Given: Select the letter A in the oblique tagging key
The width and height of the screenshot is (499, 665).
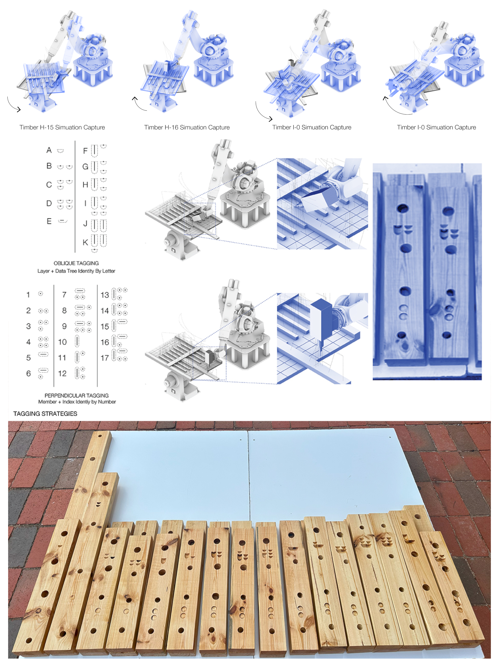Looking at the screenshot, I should point(49,150).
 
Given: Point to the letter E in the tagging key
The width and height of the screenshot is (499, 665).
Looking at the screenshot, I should point(49,221).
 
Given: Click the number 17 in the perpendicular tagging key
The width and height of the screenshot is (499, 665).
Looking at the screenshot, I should point(104,358).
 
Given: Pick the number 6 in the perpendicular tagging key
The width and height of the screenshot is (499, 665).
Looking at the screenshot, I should point(28,373).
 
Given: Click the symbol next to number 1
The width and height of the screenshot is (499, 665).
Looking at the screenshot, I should point(41,294).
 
